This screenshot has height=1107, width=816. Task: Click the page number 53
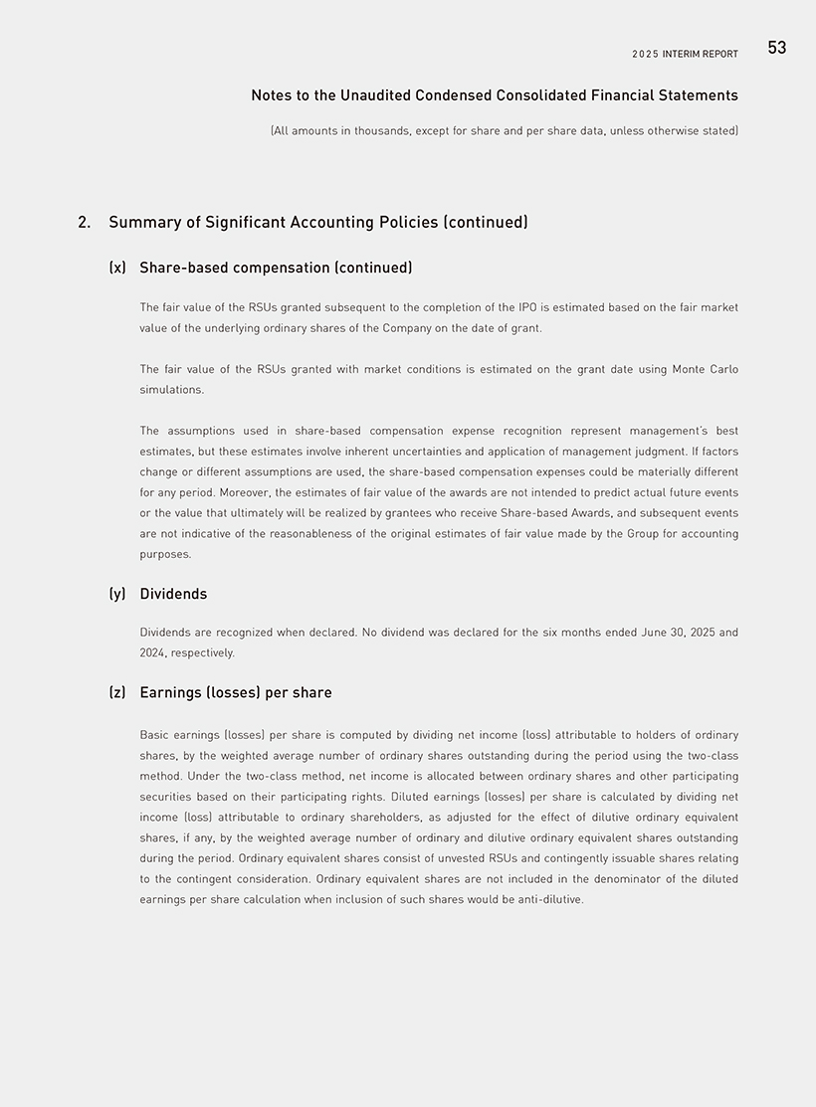(776, 48)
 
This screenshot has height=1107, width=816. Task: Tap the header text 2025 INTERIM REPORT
(685, 54)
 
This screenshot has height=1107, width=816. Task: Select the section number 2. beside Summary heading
(85, 222)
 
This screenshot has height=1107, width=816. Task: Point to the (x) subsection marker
(117, 268)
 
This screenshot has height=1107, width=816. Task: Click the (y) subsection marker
(117, 594)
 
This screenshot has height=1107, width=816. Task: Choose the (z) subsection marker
(117, 692)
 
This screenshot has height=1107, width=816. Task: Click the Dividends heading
(173, 594)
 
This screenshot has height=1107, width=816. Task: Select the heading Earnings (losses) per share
(236, 692)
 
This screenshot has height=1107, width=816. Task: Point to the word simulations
(171, 390)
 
